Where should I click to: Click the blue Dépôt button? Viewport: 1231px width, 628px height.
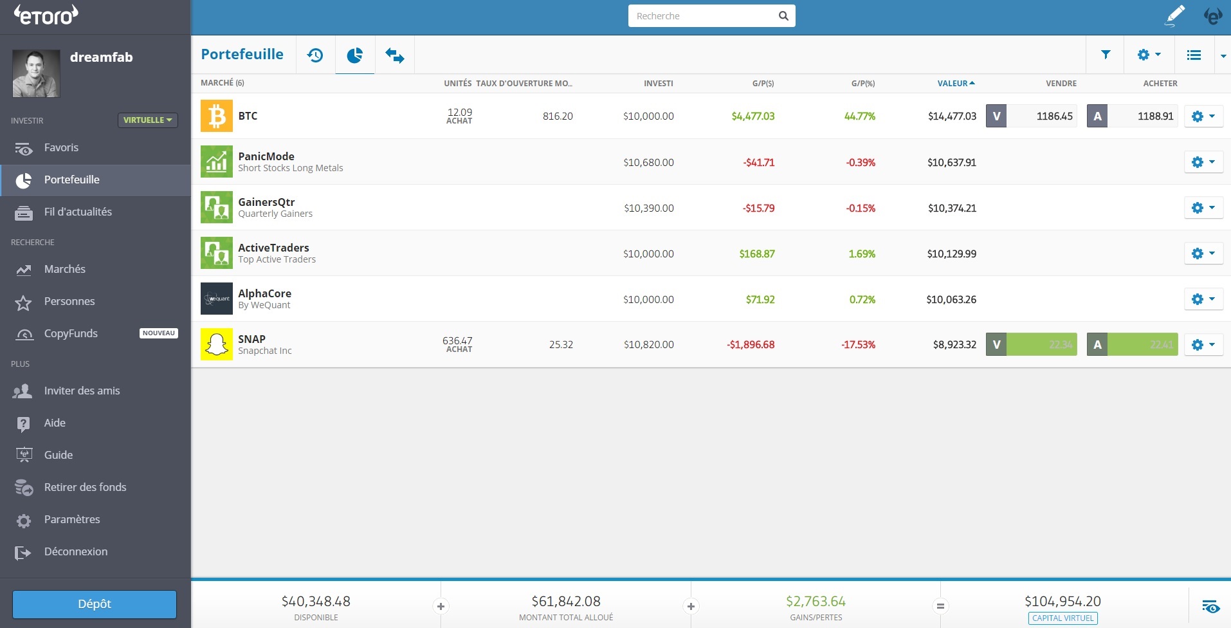[95, 604]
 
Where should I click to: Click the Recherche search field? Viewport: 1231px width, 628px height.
[704, 16]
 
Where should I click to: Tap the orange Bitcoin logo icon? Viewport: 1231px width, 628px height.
[216, 116]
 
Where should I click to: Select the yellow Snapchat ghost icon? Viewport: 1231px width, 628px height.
[216, 344]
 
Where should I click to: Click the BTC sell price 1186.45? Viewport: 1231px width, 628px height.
[1042, 116]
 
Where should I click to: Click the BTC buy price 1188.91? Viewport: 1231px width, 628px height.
[1143, 116]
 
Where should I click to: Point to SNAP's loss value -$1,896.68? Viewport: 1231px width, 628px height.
[751, 345]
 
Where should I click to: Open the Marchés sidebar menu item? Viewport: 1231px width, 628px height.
[64, 269]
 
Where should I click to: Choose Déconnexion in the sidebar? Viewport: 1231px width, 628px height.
[75, 551]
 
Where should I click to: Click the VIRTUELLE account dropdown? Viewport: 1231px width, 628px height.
[147, 120]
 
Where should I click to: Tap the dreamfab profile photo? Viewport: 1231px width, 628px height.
[36, 73]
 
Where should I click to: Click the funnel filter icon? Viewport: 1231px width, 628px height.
[1106, 55]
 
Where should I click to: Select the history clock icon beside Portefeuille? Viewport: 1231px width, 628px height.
[315, 55]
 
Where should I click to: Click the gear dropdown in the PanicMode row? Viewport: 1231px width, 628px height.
[1203, 162]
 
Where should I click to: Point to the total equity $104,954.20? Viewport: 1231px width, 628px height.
[1062, 601]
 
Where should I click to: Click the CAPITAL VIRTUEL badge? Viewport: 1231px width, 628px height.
[1062, 618]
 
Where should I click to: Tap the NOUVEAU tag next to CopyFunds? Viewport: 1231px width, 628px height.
[158, 333]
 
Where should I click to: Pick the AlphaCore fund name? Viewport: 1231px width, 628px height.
[264, 293]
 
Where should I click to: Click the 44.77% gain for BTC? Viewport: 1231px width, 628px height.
[860, 116]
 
